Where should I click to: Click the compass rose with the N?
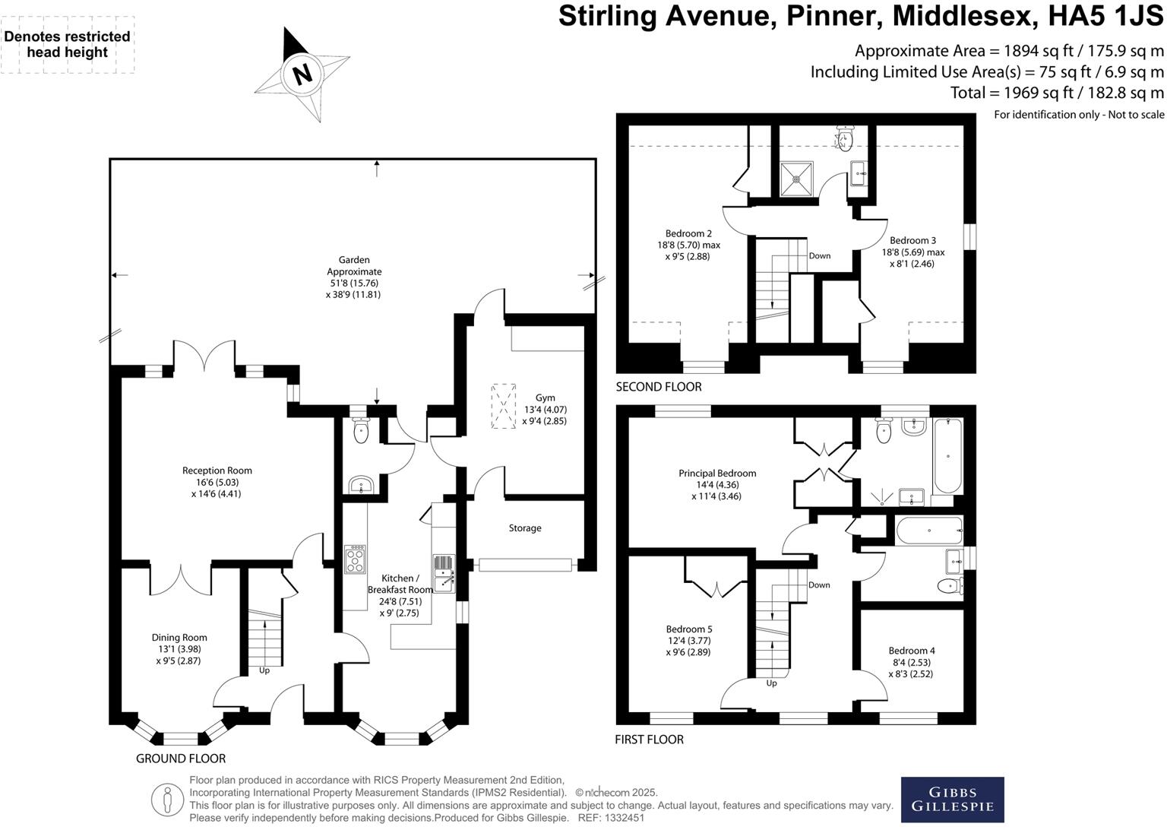[302, 74]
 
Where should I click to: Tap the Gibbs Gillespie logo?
[952, 799]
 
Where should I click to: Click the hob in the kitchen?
[355, 559]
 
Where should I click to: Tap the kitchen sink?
[444, 573]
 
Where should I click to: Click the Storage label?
[525, 528]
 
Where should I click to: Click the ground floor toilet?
[360, 431]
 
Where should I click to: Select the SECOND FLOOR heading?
[658, 387]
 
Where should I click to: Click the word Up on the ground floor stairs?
[264, 670]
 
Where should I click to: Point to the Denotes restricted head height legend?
[67, 44]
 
